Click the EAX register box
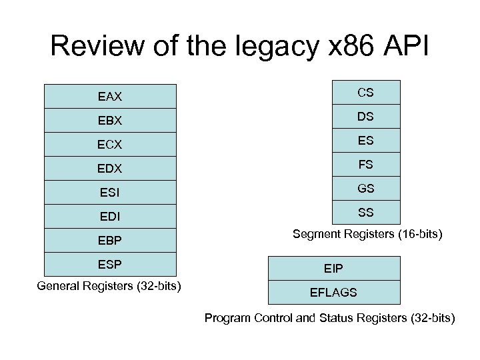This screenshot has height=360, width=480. [x=110, y=96]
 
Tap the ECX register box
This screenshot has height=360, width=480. [x=110, y=144]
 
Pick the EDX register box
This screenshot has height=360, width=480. [x=110, y=168]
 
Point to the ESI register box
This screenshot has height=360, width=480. [x=110, y=192]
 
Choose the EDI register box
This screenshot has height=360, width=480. [x=110, y=216]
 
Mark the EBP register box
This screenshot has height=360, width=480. [x=110, y=240]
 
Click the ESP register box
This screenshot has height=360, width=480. [x=110, y=264]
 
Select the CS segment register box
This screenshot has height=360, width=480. [x=365, y=93]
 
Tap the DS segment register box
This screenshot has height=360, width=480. [x=365, y=117]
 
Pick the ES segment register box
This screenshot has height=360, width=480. [x=365, y=141]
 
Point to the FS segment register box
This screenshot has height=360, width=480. [x=365, y=165]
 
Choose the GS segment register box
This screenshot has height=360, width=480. [x=365, y=189]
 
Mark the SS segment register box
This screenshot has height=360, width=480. [x=365, y=213]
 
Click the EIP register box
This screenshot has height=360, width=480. [x=333, y=268]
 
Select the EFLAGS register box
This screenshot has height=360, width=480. [x=333, y=292]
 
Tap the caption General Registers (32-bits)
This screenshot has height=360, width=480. [x=110, y=287]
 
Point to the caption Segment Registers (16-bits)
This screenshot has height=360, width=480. [x=368, y=235]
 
